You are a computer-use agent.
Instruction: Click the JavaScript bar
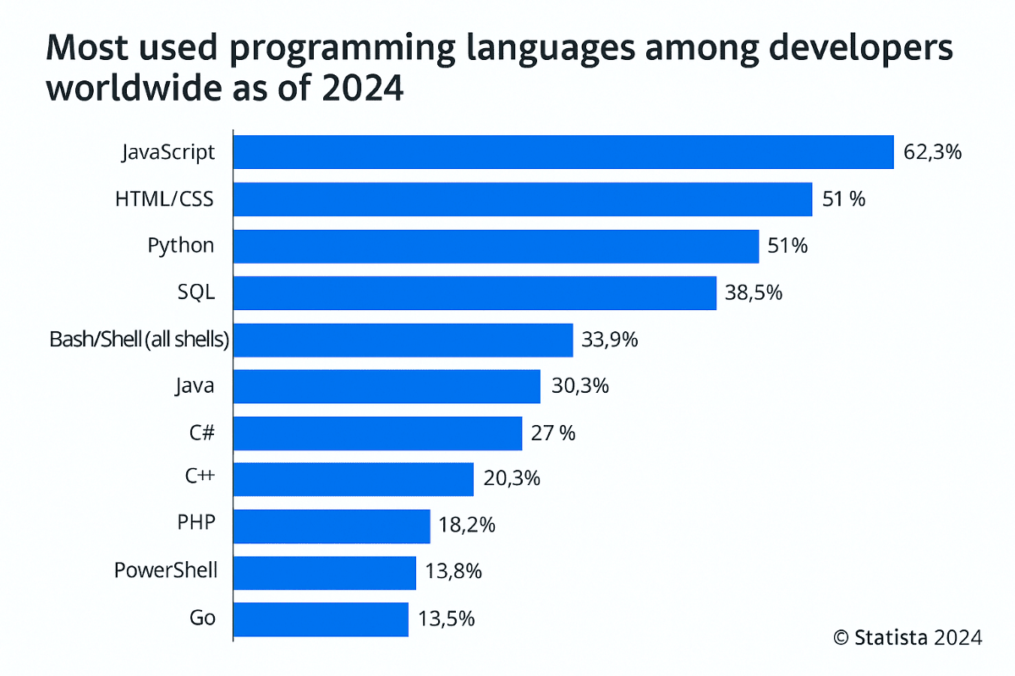(562, 152)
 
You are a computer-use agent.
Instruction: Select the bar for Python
(495, 246)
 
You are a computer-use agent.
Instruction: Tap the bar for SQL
(474, 292)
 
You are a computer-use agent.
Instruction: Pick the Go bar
(320, 619)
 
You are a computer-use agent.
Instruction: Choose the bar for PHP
(331, 526)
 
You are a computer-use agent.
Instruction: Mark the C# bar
(376, 433)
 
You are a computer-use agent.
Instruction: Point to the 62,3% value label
(932, 153)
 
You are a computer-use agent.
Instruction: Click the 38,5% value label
(754, 293)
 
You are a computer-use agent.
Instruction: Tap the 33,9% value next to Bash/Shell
(610, 340)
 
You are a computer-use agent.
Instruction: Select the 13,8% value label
(453, 572)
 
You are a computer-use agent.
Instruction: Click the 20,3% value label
(511, 479)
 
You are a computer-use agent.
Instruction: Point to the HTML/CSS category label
(164, 199)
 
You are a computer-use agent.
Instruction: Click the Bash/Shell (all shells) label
(140, 340)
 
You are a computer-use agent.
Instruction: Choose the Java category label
(195, 386)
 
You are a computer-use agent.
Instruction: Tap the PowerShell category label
(166, 571)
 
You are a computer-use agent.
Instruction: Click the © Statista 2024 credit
(908, 637)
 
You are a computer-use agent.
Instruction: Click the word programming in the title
(325, 51)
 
